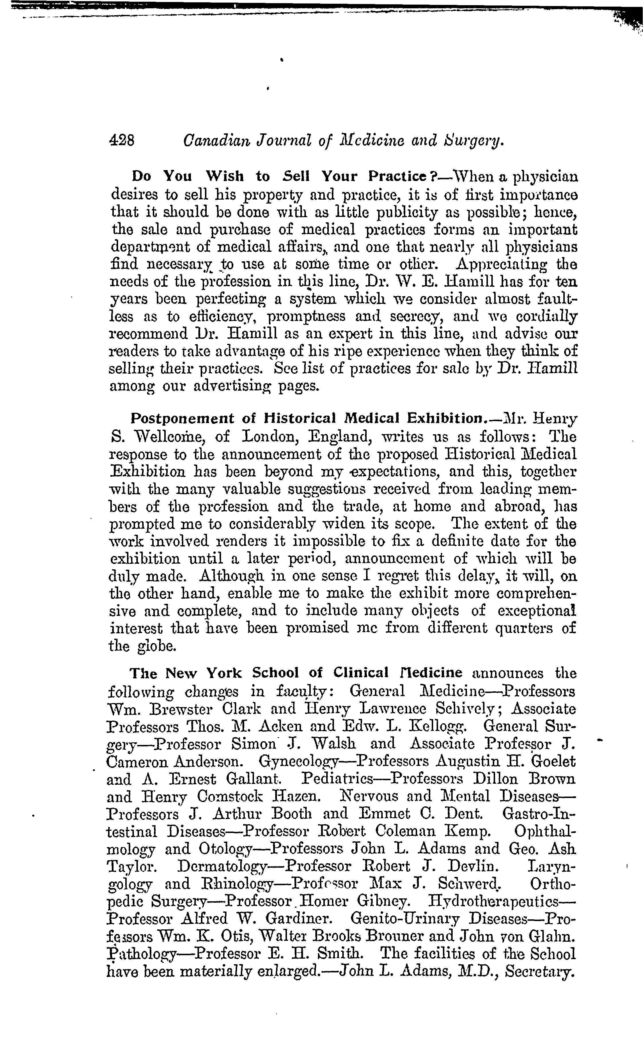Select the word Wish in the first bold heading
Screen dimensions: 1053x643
(224, 176)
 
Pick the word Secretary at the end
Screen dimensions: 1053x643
(540, 972)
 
